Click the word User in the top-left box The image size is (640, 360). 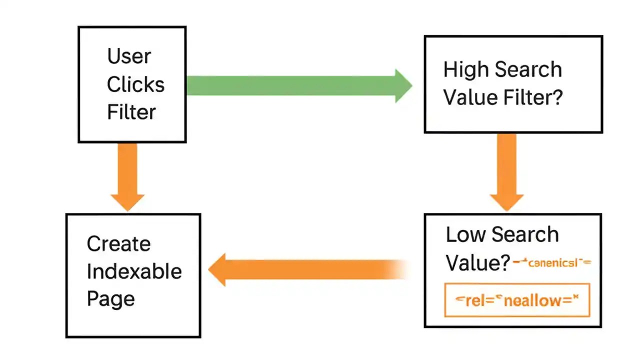129,56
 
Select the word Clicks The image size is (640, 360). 135,84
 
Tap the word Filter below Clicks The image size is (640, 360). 131,112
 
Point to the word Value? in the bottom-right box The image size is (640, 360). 477,262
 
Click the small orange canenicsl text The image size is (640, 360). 552,262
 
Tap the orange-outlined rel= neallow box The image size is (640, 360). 517,300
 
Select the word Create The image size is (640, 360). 118,244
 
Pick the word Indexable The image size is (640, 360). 134,271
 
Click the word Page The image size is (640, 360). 110,299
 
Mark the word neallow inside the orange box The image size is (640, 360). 533,300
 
